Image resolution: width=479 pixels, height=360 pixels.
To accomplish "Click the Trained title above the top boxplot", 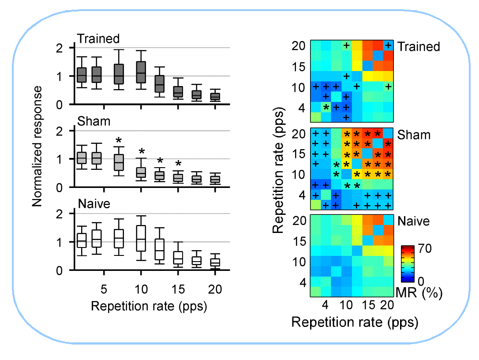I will pos(98,39).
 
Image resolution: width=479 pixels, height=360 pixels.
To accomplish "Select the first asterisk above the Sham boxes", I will pos(119,141).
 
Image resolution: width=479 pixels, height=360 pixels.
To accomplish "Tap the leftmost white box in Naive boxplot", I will pos(82,240).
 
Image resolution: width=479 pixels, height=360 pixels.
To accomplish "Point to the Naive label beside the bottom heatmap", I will pos(413,221).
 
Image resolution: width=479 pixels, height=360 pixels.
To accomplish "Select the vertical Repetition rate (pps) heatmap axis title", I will pos(278,175).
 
